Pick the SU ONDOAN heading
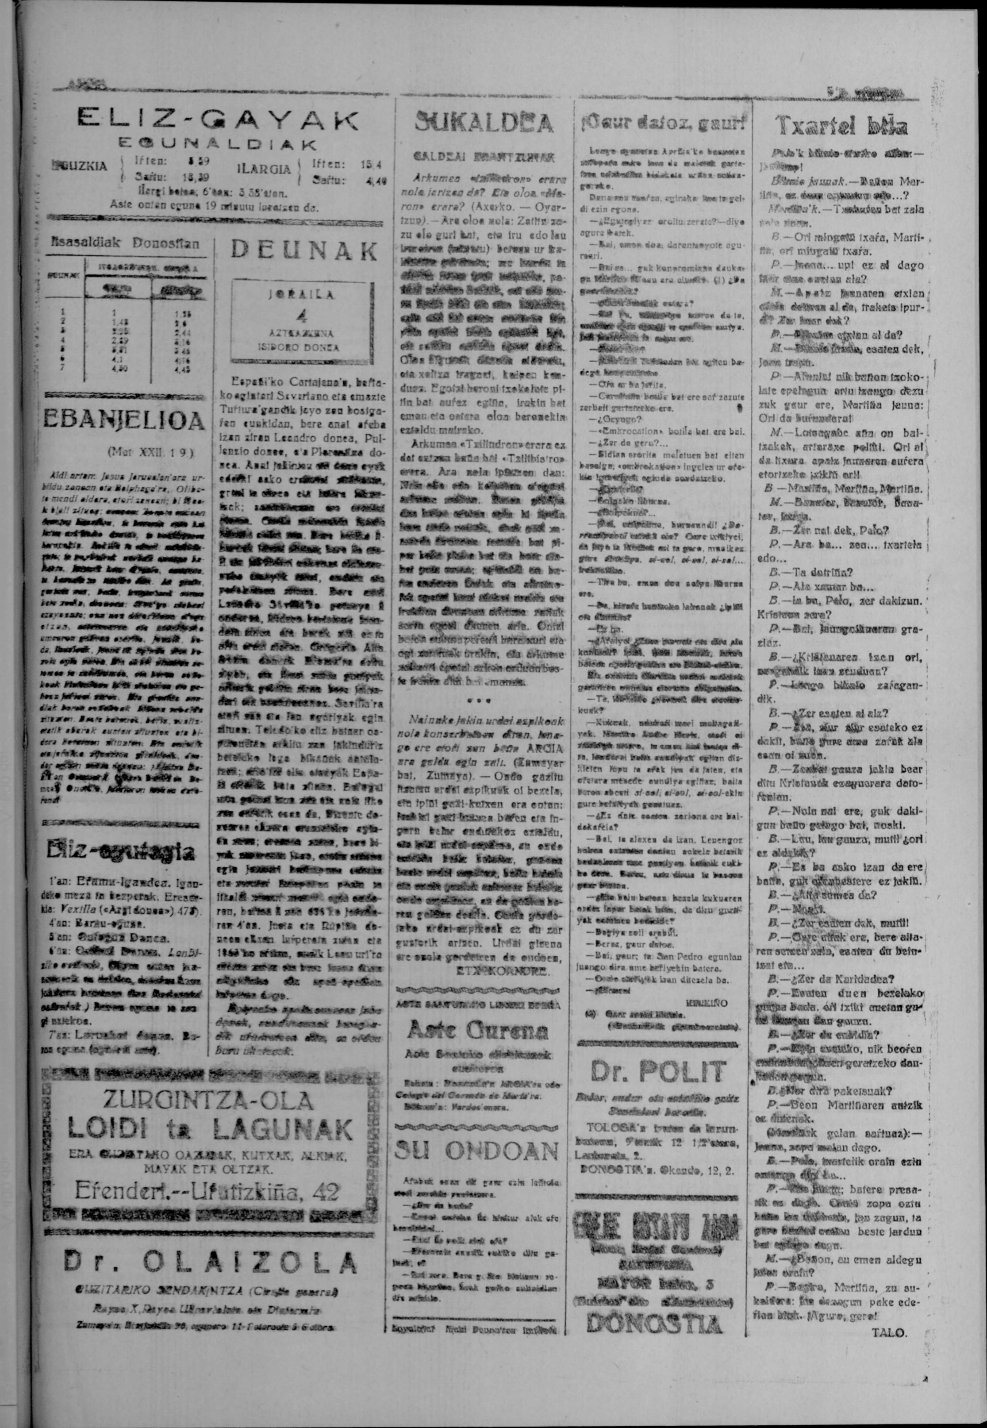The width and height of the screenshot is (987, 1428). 477,1150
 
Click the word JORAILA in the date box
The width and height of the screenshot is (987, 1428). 303,296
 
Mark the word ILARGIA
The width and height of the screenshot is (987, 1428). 264,169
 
